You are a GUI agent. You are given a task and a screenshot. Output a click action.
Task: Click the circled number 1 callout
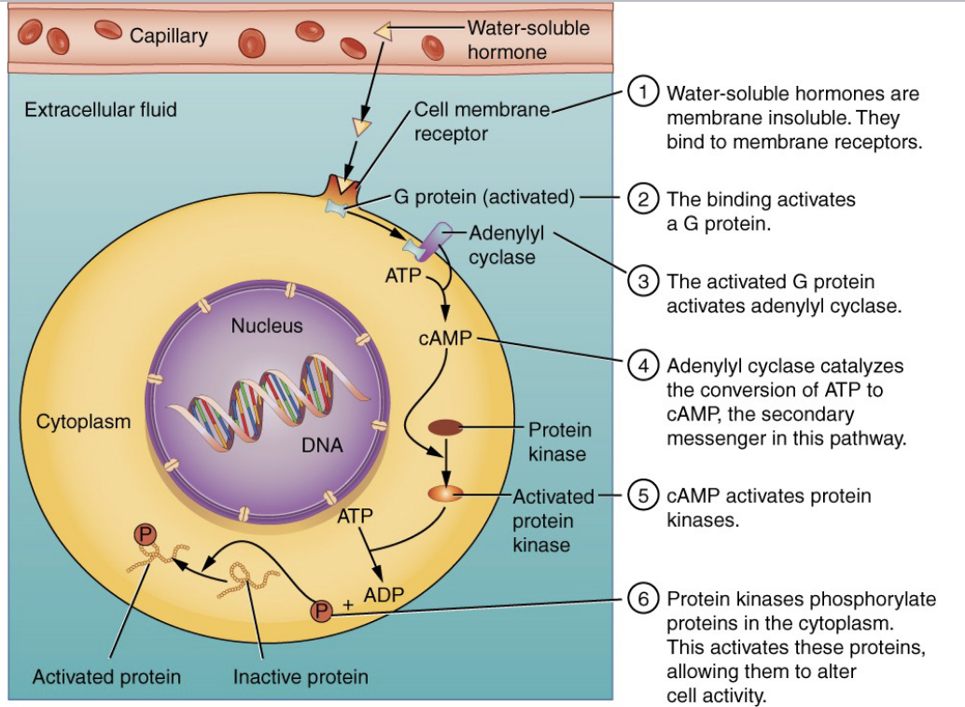643,93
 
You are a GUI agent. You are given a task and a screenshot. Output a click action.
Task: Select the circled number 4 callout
643,366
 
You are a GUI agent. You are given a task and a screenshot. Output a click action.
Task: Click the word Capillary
169,36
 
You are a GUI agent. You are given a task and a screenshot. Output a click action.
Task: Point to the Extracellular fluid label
101,110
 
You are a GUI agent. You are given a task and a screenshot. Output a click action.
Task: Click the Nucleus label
267,326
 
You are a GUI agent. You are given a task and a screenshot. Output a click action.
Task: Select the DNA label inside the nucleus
322,445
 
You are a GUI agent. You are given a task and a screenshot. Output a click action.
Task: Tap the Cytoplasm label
83,422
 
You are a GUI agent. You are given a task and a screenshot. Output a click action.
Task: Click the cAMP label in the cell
444,338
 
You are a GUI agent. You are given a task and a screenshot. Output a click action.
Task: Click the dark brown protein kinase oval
445,427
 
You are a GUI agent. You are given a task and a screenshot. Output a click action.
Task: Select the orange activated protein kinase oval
444,493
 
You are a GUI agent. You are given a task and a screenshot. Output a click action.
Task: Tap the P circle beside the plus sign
320,611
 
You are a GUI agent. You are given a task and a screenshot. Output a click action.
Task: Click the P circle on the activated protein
145,534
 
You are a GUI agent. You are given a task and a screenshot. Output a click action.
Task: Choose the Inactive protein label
301,676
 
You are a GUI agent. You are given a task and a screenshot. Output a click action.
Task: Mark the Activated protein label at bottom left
106,676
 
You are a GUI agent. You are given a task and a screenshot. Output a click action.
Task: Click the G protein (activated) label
482,197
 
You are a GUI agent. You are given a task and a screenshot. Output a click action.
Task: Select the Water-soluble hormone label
528,40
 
